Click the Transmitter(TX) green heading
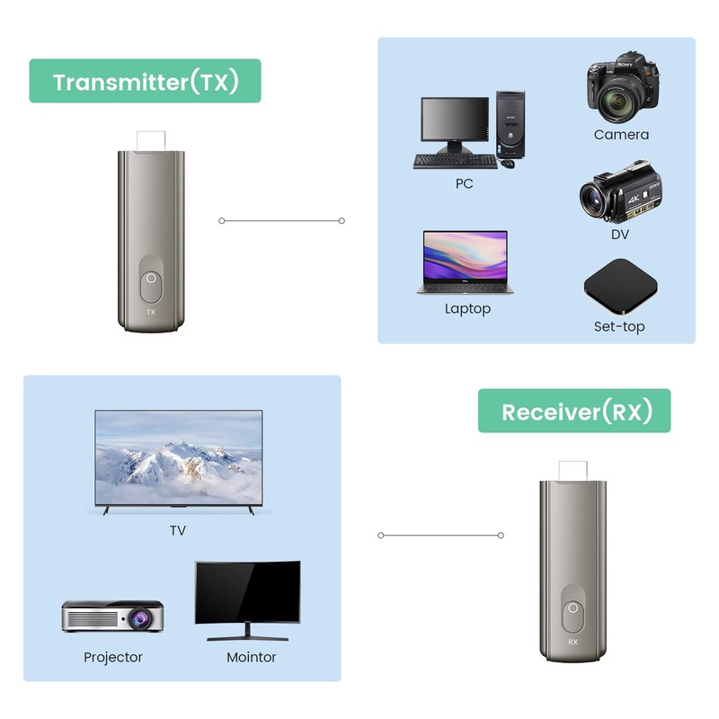(145, 82)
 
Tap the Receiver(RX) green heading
(574, 412)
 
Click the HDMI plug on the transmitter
(151, 140)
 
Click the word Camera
(621, 135)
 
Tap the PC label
(464, 183)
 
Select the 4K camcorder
(619, 192)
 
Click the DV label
(620, 235)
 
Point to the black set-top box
(620, 286)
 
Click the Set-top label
(619, 326)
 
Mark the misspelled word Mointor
(252, 657)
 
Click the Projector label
(113, 657)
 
